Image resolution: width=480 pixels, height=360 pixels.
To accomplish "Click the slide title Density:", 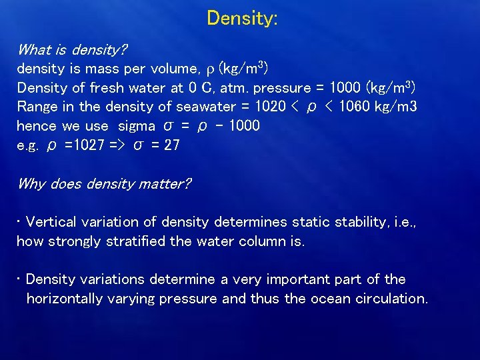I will (242, 18).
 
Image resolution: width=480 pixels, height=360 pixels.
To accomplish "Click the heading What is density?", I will (72, 50).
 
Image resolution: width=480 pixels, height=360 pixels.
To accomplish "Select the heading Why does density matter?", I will (103, 183).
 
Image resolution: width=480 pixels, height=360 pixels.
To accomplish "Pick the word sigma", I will (137, 126).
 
